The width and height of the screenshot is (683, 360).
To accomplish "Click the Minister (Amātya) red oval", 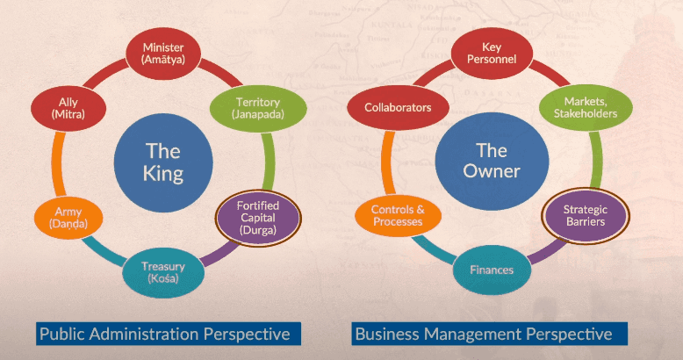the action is click(x=163, y=54).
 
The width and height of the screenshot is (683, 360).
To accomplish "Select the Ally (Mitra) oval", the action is click(x=68, y=108).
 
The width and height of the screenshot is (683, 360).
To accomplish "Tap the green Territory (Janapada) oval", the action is click(x=258, y=108).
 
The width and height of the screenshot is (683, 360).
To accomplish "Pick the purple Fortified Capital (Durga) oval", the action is click(x=258, y=218).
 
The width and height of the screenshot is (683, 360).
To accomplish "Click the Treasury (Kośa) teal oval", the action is click(x=163, y=272).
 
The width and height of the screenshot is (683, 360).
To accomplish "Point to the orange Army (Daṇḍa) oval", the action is click(x=68, y=218).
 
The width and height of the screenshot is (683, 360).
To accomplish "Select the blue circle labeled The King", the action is click(x=163, y=162).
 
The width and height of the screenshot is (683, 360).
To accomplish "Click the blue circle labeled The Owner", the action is click(x=492, y=162).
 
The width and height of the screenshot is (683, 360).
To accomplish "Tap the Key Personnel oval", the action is click(x=492, y=54).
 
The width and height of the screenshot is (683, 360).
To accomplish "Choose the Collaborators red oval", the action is click(x=398, y=108).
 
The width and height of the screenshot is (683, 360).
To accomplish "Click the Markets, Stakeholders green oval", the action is click(x=586, y=108).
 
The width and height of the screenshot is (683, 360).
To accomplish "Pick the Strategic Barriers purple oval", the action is click(x=586, y=216).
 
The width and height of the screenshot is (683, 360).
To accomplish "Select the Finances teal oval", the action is click(x=492, y=270).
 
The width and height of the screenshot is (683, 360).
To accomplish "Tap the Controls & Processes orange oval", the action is click(x=398, y=216).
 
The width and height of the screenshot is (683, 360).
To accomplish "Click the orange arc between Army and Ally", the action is click(x=58, y=164).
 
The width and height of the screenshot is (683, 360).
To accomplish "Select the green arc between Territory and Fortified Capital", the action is click(x=269, y=162).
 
